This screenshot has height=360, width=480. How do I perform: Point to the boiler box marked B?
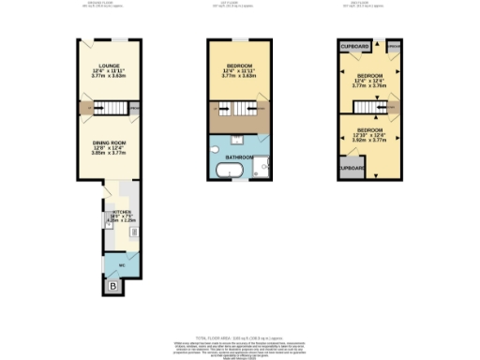pos(113,284)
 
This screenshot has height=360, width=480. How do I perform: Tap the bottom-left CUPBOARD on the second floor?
pos(351,169)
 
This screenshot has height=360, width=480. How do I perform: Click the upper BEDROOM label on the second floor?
pos(369,74)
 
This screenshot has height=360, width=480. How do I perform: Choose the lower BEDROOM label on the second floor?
pos(369,129)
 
